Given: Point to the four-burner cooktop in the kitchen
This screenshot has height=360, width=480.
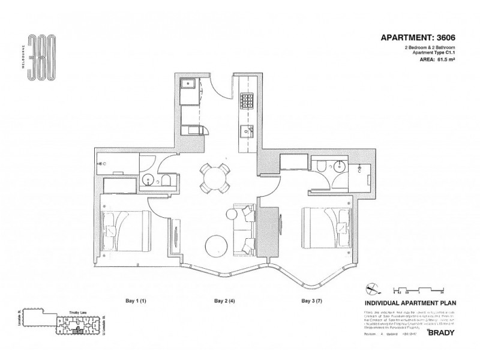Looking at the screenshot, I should click(x=247, y=100).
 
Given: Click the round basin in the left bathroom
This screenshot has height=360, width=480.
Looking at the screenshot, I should click(x=147, y=178).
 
